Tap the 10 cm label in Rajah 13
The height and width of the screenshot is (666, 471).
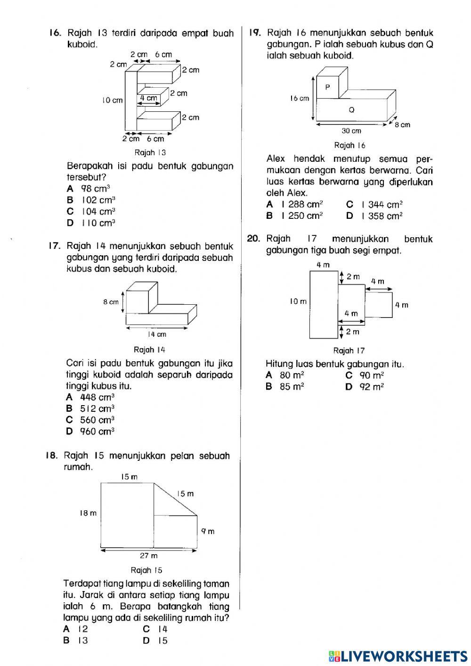click(x=112, y=100)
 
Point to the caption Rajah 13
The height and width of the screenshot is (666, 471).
click(x=150, y=152)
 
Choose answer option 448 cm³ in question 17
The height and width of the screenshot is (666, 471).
click(x=97, y=397)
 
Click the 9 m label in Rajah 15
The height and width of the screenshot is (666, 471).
click(x=208, y=531)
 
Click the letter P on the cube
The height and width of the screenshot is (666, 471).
click(x=328, y=87)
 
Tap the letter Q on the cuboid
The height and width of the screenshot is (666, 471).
click(x=351, y=110)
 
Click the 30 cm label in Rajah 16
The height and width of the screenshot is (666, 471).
click(x=351, y=131)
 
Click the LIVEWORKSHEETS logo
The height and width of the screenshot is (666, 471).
click(x=398, y=655)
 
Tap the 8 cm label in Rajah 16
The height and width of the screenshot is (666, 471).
click(x=403, y=125)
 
